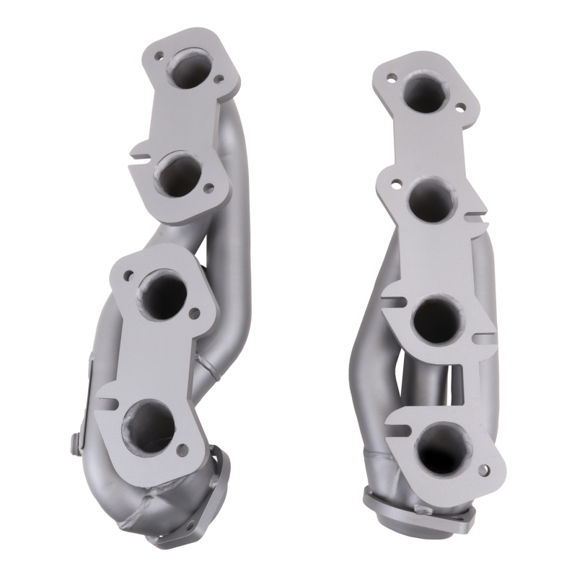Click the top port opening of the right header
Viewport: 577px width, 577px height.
pyautogui.click(x=427, y=93)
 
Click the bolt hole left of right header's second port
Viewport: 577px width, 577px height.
pyautogui.click(x=396, y=183)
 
